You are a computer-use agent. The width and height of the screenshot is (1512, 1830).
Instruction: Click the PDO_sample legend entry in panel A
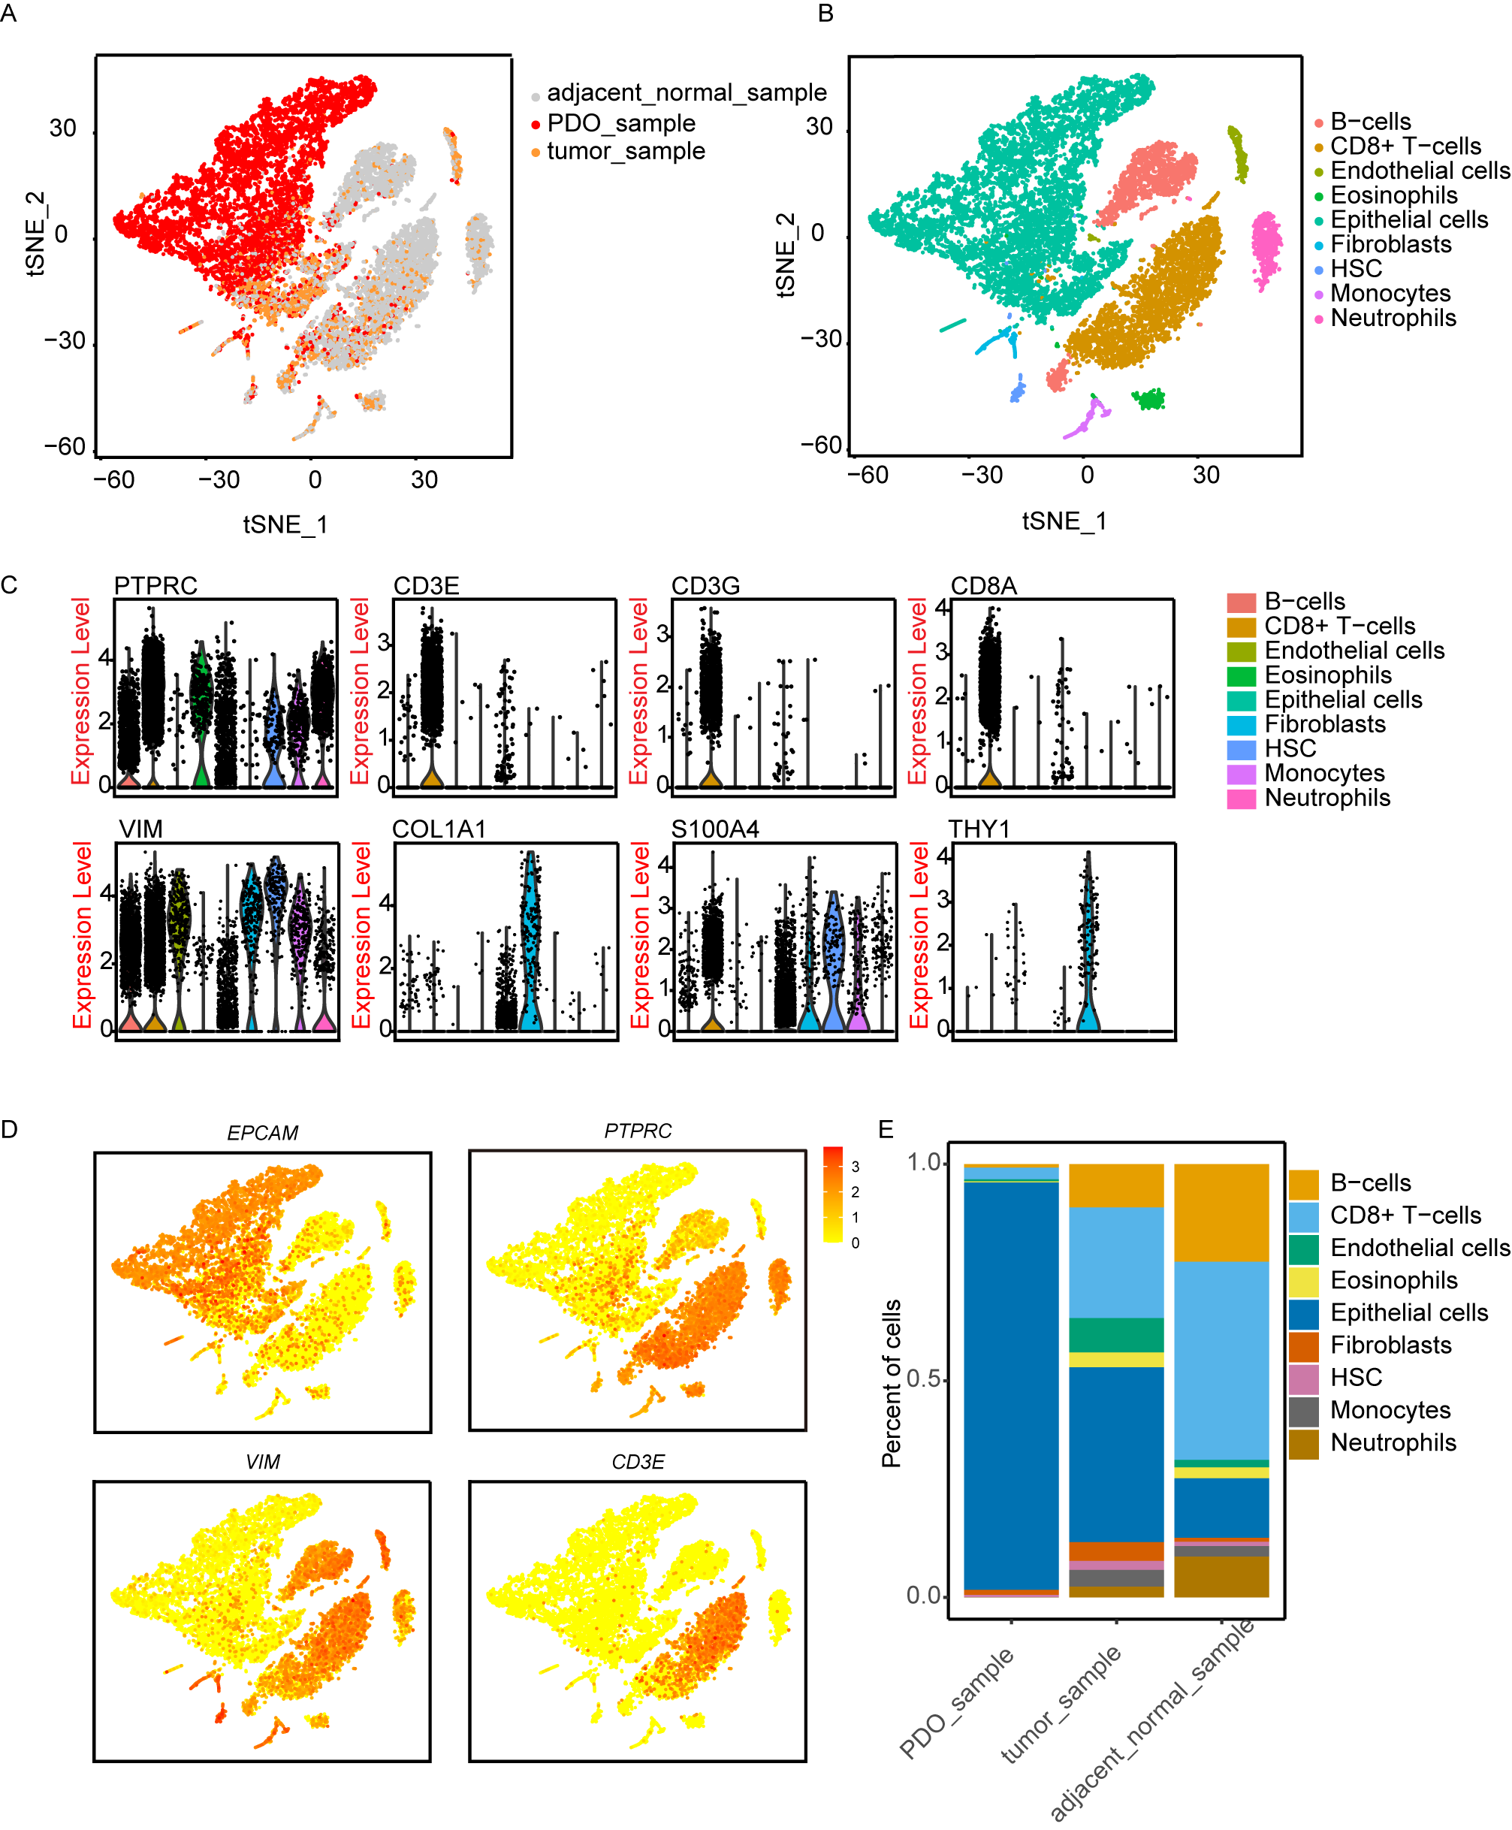click(x=620, y=122)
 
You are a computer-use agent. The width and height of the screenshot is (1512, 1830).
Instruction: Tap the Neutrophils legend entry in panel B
click(x=1392, y=318)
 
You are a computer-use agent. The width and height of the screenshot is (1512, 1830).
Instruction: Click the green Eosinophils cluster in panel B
click(x=1150, y=399)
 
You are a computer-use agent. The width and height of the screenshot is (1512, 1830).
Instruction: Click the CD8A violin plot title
click(x=983, y=585)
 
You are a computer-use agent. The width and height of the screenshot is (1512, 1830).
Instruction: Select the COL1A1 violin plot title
click(x=438, y=829)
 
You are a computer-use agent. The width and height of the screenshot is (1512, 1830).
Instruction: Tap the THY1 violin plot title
click(x=979, y=829)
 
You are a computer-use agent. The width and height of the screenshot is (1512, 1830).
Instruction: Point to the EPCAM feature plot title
click(x=262, y=1132)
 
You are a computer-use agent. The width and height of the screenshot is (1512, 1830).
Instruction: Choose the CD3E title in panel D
click(x=638, y=1462)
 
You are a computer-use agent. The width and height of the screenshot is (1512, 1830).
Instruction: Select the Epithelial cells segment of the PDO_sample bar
click(x=1011, y=1385)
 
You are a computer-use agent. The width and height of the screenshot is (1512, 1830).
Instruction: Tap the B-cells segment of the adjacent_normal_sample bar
click(x=1221, y=1212)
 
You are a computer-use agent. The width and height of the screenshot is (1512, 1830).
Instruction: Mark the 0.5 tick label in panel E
click(x=923, y=1379)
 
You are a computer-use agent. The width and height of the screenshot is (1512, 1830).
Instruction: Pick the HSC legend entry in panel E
click(x=1355, y=1377)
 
